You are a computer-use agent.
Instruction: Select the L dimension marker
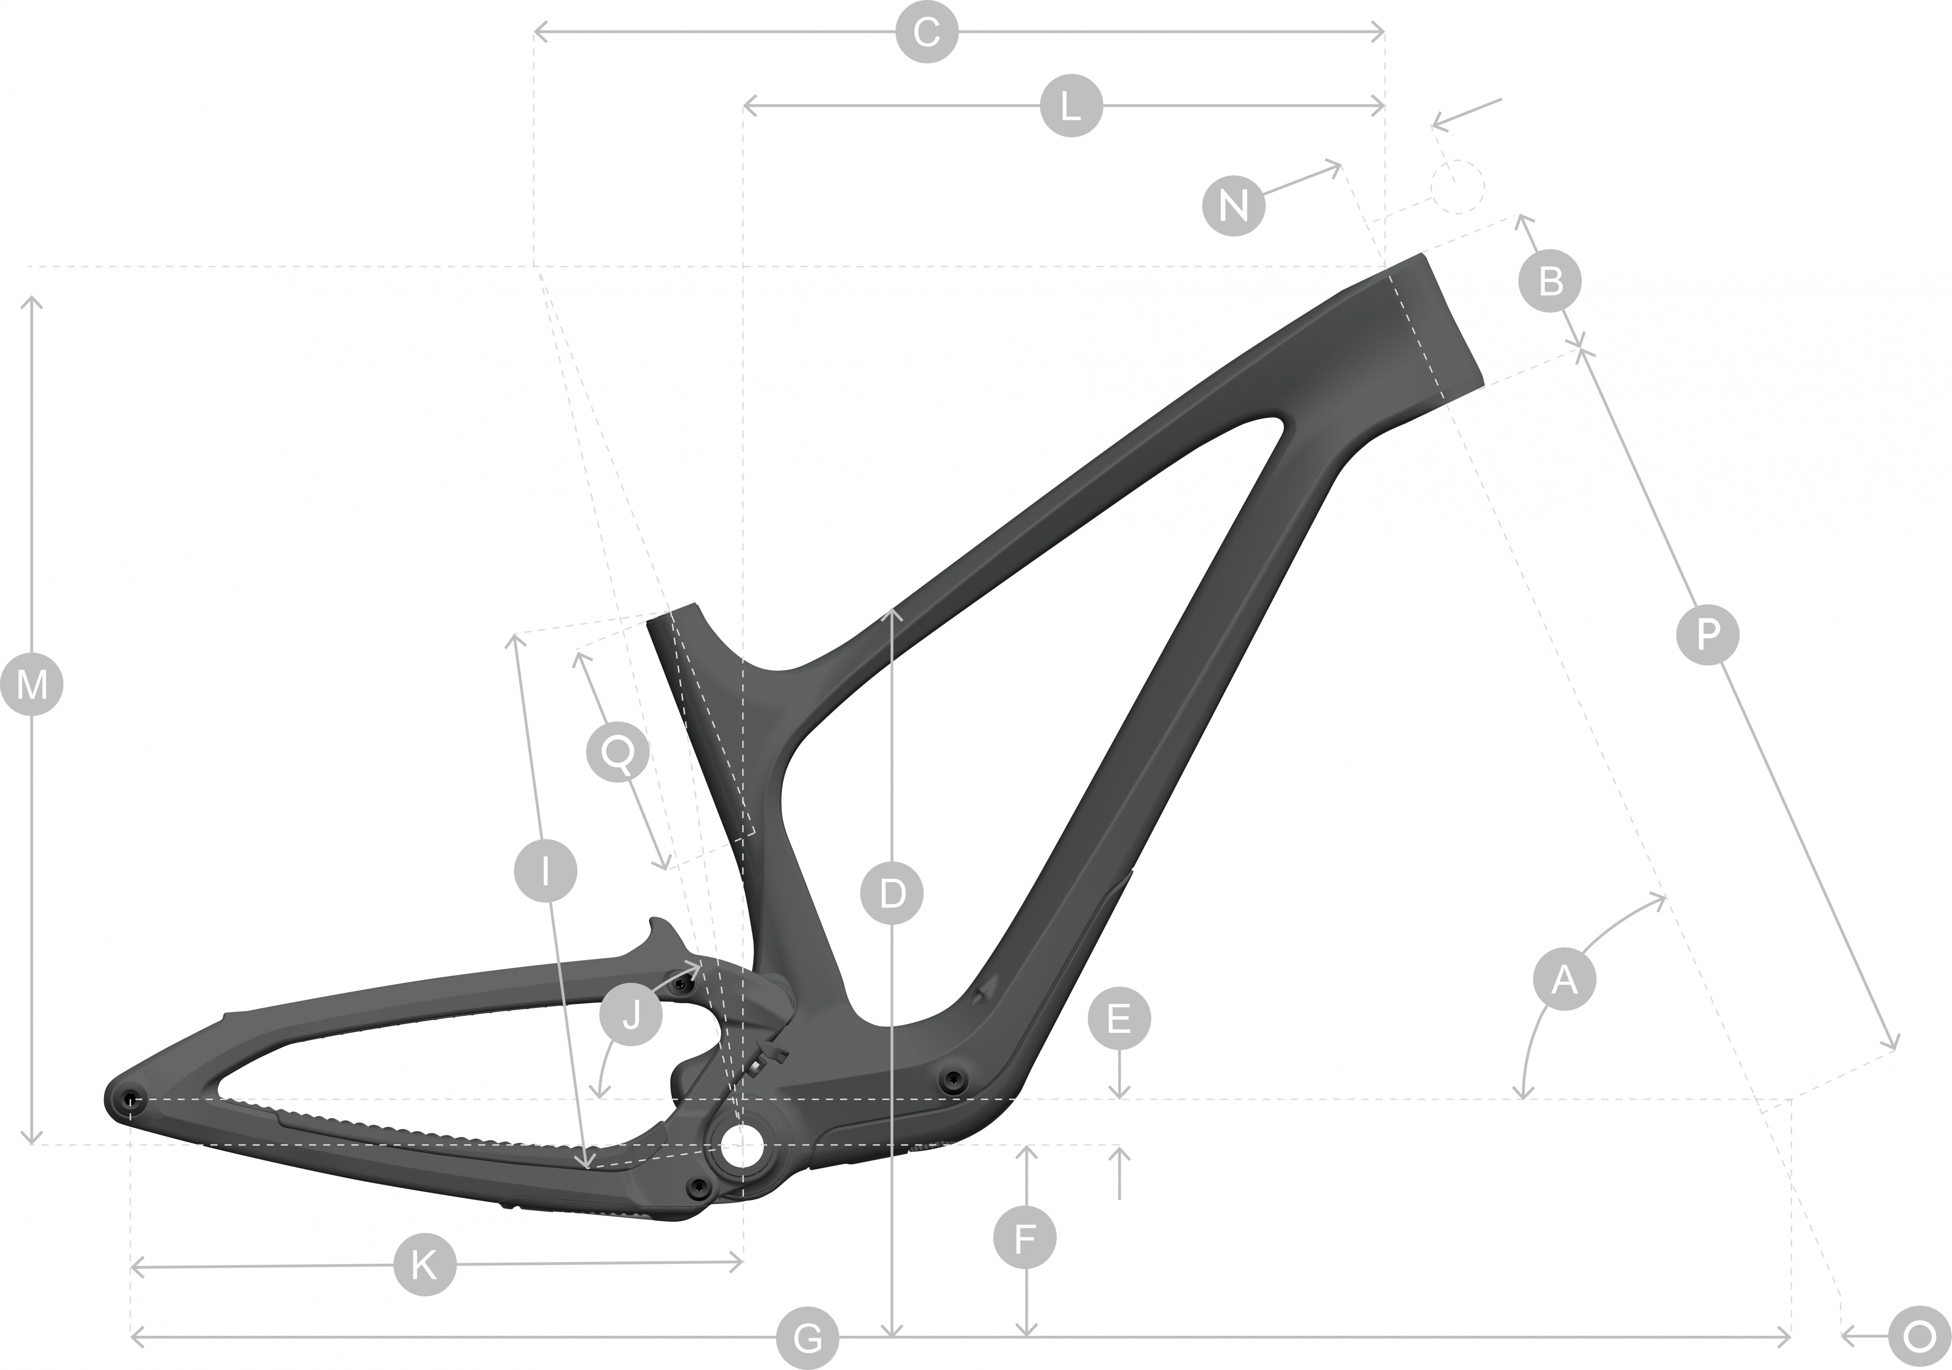[1071, 106]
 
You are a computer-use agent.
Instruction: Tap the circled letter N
[1234, 205]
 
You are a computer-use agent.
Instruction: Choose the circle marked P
[1707, 634]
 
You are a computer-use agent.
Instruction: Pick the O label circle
[1919, 1338]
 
